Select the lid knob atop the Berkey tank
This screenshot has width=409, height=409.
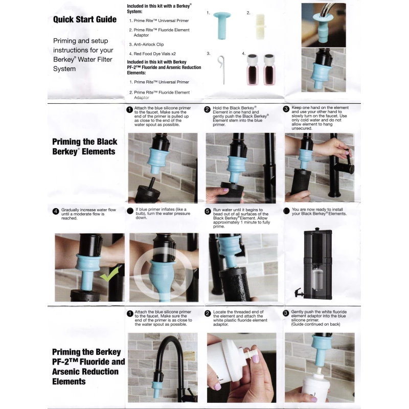pyautogui.click(x=316, y=230)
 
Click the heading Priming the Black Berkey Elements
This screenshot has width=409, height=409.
pyautogui.click(x=84, y=146)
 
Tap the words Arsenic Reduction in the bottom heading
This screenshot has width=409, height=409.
pyautogui.click(x=84, y=372)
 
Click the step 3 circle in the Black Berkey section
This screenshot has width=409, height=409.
pyautogui.click(x=286, y=109)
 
